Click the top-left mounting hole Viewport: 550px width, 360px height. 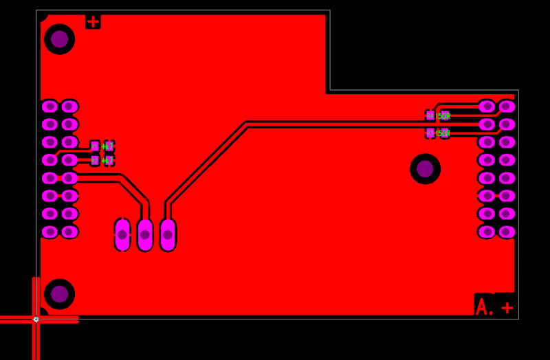[59, 39]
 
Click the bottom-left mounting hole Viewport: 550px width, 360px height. [59, 294]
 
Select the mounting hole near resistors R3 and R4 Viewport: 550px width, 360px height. [425, 168]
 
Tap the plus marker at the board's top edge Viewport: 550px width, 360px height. [93, 21]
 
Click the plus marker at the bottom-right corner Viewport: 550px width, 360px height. [507, 307]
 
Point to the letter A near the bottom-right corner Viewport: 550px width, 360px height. [483, 306]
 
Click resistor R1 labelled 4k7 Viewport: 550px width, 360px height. [102, 146]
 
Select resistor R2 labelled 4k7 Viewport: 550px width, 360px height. [102, 161]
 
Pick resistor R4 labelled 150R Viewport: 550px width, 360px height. [437, 116]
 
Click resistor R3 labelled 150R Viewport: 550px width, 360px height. [437, 133]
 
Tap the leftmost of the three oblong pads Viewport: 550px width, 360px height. [122, 234]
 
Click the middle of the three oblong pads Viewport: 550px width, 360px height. [145, 234]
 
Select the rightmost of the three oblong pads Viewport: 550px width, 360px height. [168, 234]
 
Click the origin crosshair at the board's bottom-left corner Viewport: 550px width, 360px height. [36, 319]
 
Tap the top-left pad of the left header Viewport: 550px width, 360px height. [49, 106]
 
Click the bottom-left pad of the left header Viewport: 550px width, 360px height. [49, 232]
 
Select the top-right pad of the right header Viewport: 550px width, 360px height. [507, 106]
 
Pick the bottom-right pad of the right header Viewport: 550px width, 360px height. [507, 232]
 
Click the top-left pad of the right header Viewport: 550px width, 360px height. [487, 106]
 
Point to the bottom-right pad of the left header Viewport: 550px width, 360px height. [69, 232]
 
